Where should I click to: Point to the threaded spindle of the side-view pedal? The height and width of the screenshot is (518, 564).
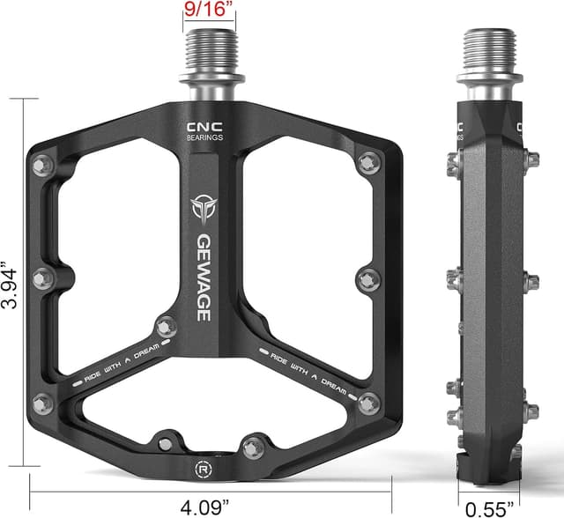coord(489,53)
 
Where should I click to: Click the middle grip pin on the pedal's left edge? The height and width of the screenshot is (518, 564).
coord(41,278)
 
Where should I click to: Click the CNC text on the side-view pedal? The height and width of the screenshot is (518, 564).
coord(521,125)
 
